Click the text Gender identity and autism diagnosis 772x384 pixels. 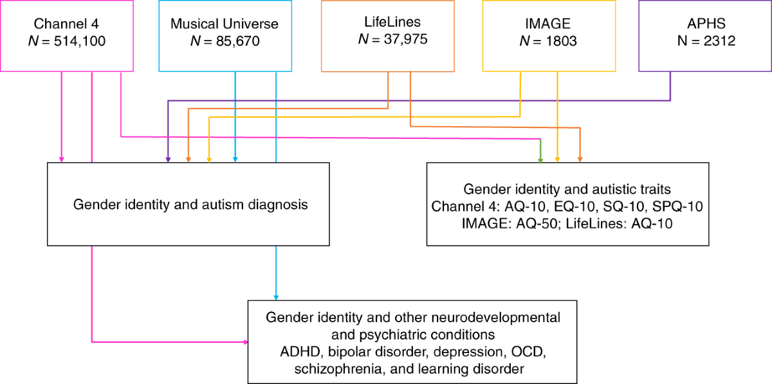click(190, 205)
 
